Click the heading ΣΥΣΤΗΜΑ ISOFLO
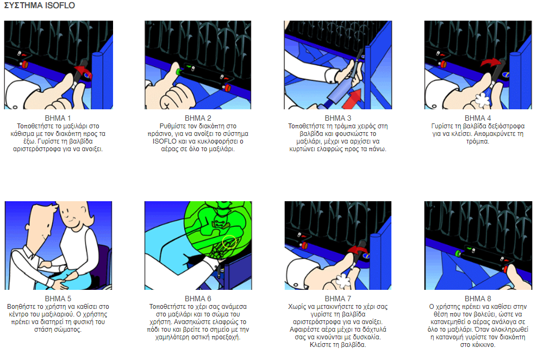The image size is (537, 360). [x=39, y=5]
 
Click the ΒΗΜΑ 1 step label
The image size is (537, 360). [x=58, y=118]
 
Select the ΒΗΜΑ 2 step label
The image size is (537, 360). [x=198, y=118]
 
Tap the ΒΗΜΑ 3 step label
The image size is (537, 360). [x=338, y=118]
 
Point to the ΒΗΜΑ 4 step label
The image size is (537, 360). [x=478, y=118]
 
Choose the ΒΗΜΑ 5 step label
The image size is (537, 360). [x=58, y=299]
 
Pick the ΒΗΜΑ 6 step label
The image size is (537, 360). [x=198, y=299]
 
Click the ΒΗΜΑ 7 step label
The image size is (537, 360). [x=338, y=299]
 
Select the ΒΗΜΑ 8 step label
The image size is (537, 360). [x=478, y=299]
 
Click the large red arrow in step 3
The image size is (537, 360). [x=353, y=98]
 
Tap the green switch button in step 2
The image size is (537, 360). [x=178, y=72]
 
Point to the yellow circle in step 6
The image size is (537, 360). [x=229, y=241]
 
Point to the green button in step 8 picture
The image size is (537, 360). [x=458, y=253]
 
